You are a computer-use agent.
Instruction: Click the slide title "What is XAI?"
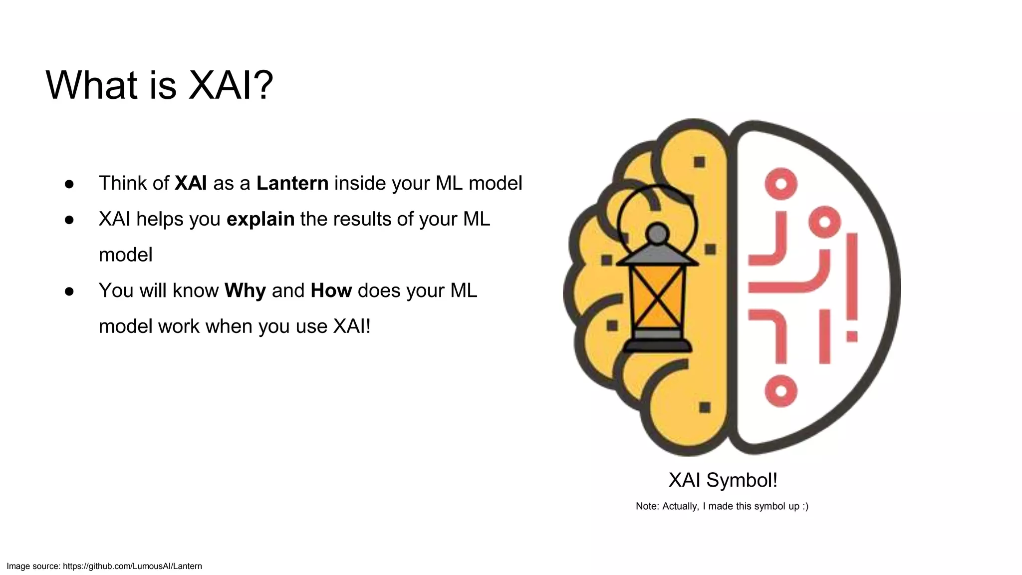coord(159,85)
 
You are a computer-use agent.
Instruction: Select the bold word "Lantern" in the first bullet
coord(292,183)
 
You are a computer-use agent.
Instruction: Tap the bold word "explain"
coord(260,219)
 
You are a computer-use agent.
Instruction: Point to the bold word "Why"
coord(245,290)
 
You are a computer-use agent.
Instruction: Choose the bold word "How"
coord(331,290)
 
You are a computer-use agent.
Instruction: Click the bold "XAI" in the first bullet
coord(191,183)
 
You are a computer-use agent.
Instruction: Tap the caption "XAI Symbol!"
coord(723,480)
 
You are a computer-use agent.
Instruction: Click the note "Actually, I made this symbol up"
coord(722,506)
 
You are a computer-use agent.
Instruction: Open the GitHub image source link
coord(132,566)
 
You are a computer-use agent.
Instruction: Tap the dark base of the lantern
coord(658,345)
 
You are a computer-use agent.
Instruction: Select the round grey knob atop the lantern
coord(657,233)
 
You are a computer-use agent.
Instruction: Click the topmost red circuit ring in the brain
coord(781,184)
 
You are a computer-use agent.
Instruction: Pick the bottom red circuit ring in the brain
coord(781,391)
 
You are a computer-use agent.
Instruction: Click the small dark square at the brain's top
coord(699,162)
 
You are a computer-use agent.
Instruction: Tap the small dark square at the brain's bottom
coord(705,407)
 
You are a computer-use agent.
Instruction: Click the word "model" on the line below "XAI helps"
coord(126,255)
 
